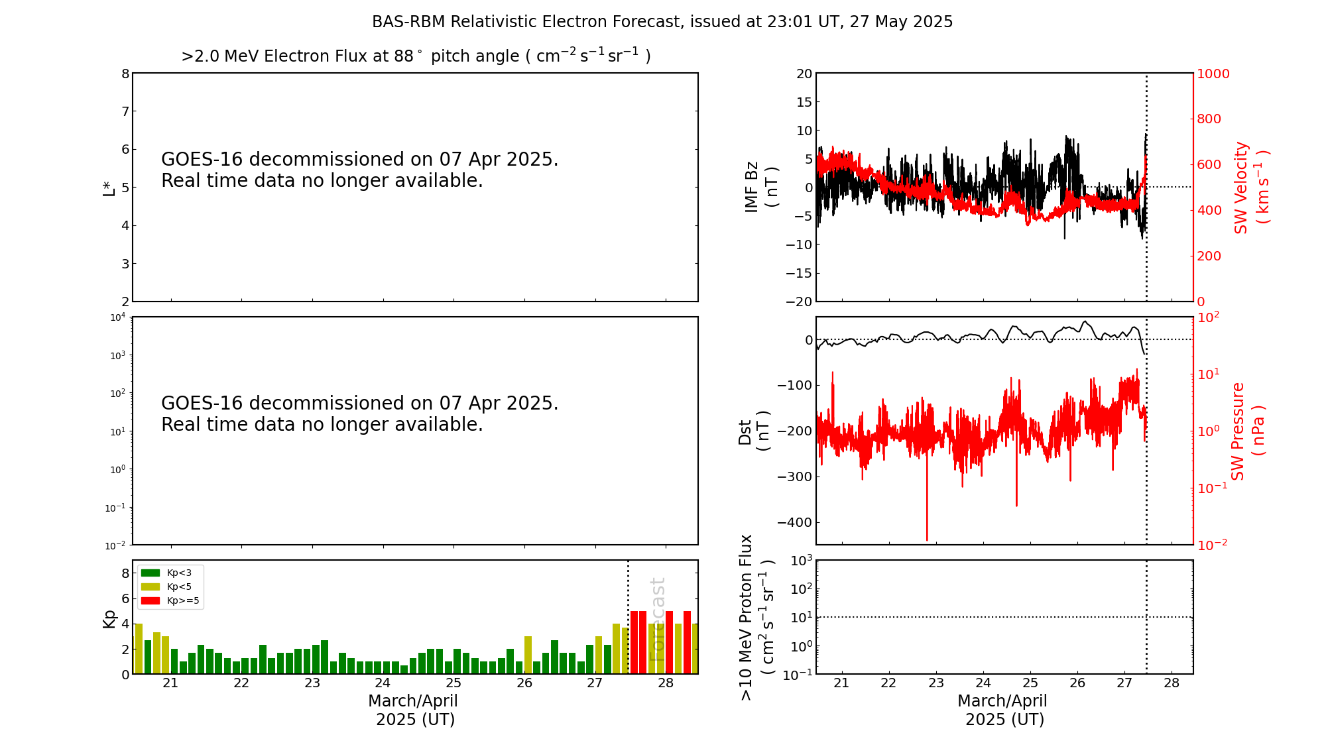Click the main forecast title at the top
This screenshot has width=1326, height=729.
click(x=662, y=22)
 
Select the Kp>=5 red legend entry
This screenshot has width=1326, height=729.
click(x=169, y=601)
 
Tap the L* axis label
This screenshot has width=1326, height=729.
click(x=109, y=188)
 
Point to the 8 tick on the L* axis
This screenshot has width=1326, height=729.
click(x=125, y=74)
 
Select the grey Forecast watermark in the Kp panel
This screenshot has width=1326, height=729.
click(x=656, y=619)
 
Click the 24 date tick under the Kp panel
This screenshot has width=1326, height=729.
click(x=383, y=683)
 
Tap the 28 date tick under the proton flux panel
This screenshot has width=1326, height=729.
click(x=1172, y=683)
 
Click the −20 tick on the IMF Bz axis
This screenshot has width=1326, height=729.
click(x=798, y=302)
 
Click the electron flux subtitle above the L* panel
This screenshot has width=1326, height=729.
click(x=416, y=56)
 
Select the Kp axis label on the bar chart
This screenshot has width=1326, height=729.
click(x=109, y=619)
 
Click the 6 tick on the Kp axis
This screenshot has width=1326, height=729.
click(x=125, y=598)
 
